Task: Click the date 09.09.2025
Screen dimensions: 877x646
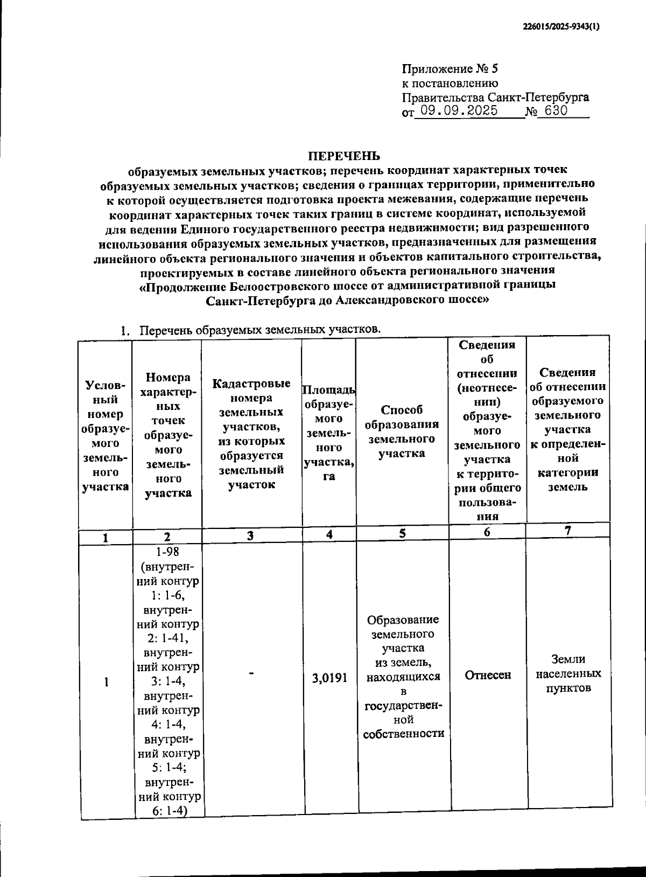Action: tap(459, 112)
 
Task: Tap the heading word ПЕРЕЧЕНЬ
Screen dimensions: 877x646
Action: tap(344, 156)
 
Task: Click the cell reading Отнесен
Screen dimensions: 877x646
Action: tap(487, 675)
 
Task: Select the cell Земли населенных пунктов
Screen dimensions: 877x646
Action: tap(568, 674)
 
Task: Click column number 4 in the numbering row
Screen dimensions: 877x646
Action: tap(329, 534)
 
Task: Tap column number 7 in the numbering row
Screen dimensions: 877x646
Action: tap(567, 531)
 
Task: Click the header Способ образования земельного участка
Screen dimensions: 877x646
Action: tap(402, 431)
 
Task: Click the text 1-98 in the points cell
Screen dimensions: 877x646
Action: tap(168, 552)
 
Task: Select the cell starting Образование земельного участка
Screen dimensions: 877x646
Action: tap(403, 677)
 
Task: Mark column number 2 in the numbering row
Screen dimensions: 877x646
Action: tap(167, 537)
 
